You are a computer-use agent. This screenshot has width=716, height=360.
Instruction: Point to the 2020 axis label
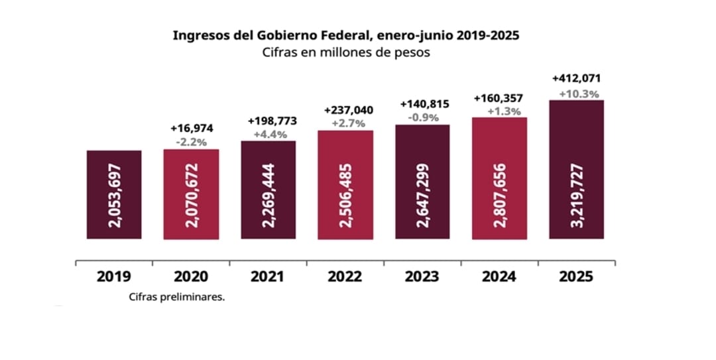pyautogui.click(x=190, y=276)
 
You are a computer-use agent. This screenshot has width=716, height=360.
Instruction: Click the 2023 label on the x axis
pyautogui.click(x=422, y=276)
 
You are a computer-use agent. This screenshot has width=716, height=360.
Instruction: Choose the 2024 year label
pyautogui.click(x=499, y=276)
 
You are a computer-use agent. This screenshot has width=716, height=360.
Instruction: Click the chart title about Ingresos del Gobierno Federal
pyautogui.click(x=345, y=35)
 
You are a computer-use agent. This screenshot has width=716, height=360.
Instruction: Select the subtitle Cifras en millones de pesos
pyautogui.click(x=345, y=53)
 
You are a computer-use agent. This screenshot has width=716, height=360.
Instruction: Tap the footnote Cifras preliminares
pyautogui.click(x=177, y=298)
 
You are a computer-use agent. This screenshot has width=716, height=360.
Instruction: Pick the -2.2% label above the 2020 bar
pyautogui.click(x=192, y=142)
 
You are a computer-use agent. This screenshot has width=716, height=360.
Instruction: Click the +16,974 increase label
pyautogui.click(x=192, y=129)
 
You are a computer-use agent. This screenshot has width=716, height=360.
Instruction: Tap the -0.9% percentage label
pyautogui.click(x=423, y=117)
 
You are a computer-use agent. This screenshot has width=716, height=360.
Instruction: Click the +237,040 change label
pyautogui.click(x=346, y=109)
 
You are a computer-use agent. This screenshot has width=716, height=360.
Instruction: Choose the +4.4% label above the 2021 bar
pyautogui.click(x=268, y=135)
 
